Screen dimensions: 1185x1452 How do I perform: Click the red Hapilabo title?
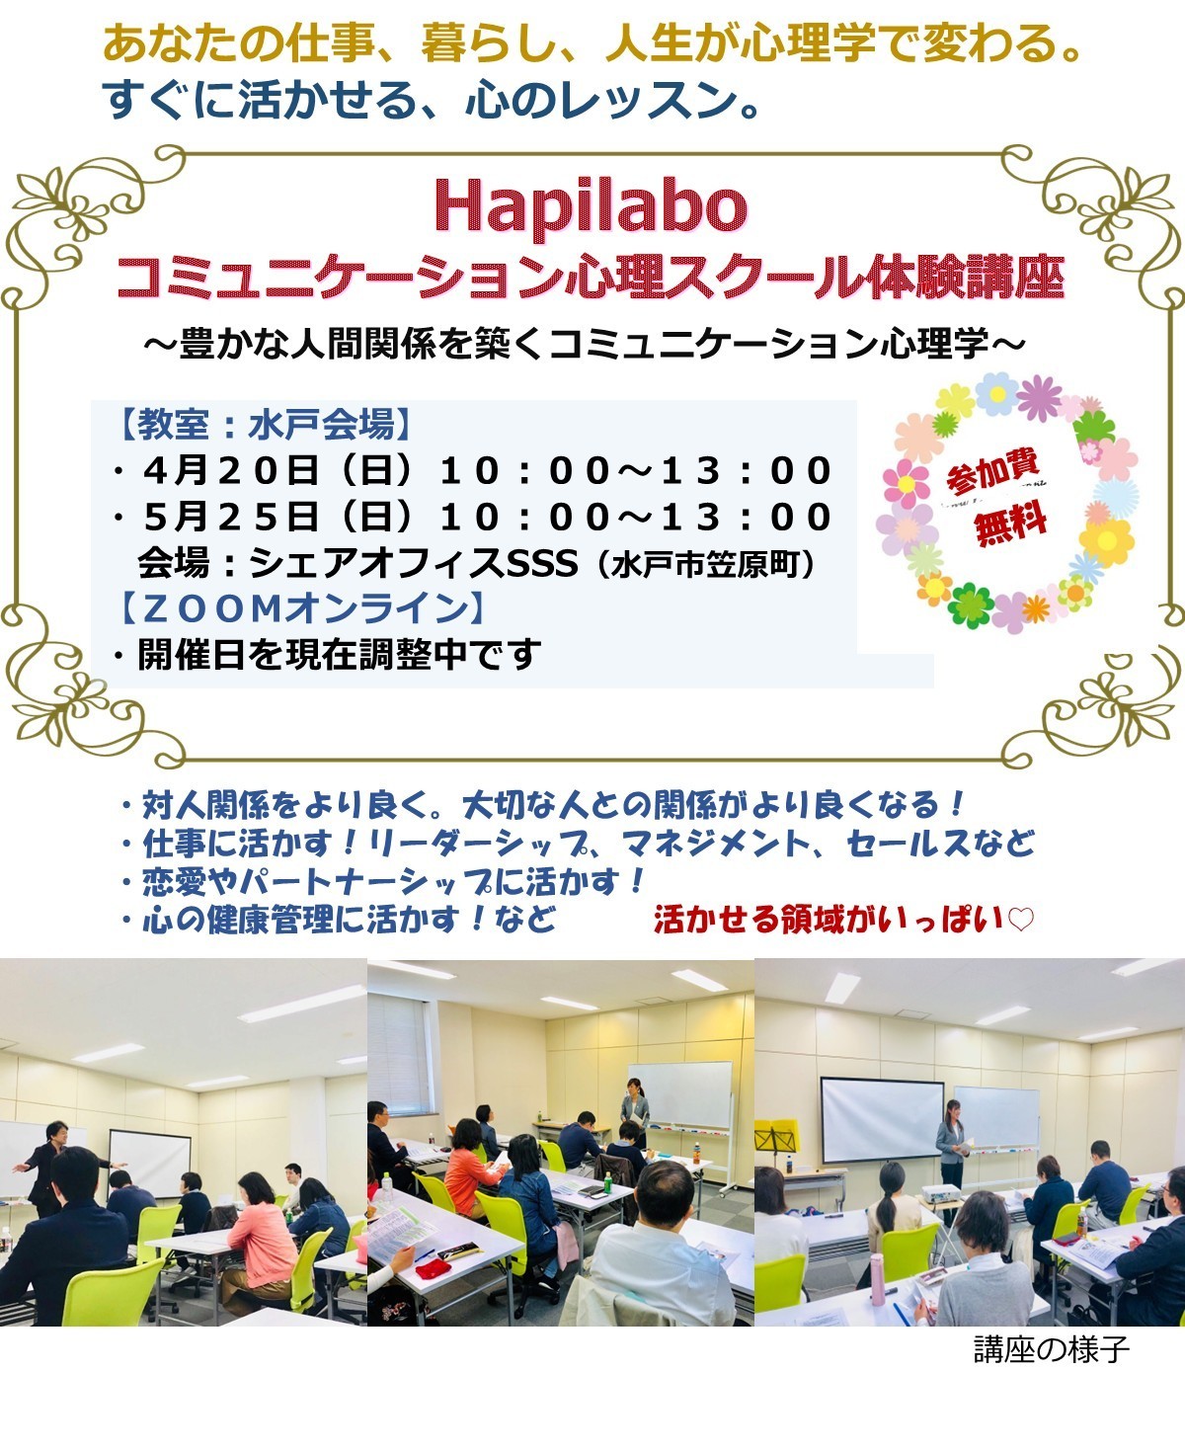[591, 206]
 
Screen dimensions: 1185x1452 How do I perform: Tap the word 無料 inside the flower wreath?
[1009, 526]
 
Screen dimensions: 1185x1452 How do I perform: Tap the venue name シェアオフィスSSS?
[413, 562]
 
